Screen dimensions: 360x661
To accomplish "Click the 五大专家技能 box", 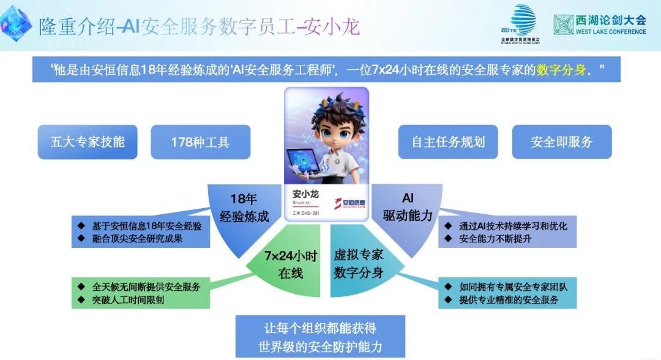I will (x=88, y=142).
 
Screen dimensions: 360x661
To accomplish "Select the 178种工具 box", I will (x=200, y=142).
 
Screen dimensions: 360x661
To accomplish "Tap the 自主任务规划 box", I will (x=448, y=142).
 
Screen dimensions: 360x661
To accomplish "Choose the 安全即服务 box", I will (x=562, y=142).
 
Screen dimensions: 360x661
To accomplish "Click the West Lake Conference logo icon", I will (x=563, y=24).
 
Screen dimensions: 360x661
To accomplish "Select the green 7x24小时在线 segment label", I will (x=282, y=264).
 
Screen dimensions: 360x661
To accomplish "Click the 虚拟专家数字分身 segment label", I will (x=359, y=264).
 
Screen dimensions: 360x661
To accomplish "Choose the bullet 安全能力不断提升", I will (x=495, y=239).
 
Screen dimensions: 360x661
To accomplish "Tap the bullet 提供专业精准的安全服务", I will (x=509, y=300).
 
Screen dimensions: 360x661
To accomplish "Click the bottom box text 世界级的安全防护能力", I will (x=320, y=347).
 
